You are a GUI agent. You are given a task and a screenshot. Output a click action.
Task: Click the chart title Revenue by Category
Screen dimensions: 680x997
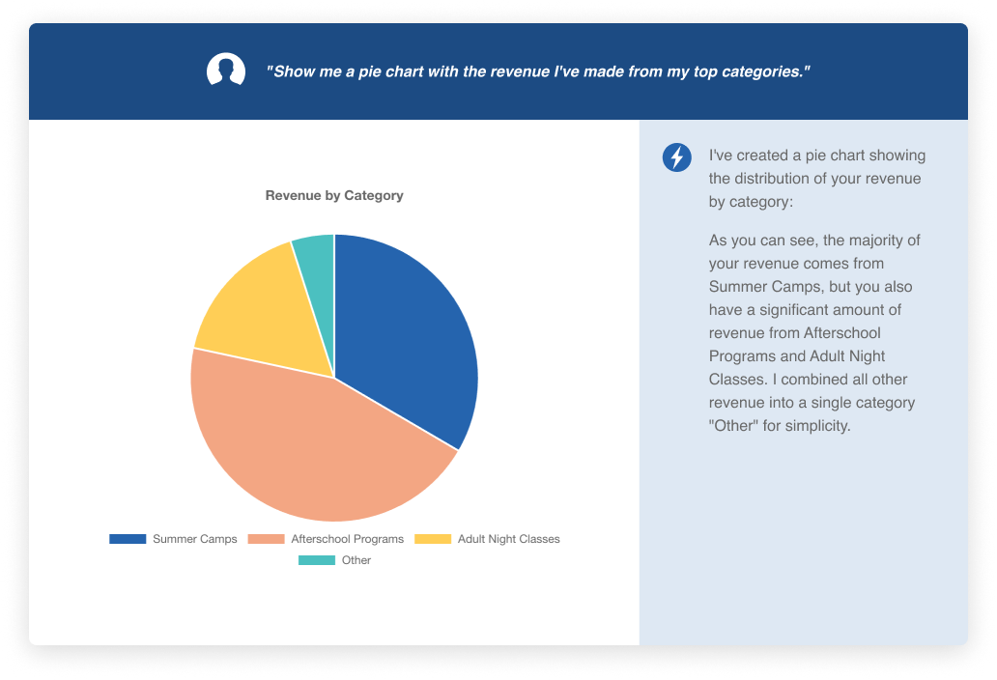(334, 195)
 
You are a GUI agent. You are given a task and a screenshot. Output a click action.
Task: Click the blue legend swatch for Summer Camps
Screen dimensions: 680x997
(128, 539)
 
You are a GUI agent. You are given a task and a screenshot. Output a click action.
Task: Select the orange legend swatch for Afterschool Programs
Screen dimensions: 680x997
(267, 539)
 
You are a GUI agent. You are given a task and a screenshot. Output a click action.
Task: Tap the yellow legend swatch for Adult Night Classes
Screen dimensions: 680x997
(433, 539)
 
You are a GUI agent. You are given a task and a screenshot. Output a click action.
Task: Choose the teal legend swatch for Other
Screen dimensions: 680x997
(317, 560)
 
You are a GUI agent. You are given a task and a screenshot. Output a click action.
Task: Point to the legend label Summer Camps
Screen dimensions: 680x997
(194, 539)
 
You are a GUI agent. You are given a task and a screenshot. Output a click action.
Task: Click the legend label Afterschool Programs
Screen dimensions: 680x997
(348, 539)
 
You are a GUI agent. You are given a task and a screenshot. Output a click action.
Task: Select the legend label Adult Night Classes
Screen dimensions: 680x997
(509, 539)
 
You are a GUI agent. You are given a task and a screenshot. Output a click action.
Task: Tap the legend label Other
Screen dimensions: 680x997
(356, 560)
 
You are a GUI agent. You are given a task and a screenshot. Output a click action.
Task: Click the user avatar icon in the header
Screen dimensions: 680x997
(226, 71)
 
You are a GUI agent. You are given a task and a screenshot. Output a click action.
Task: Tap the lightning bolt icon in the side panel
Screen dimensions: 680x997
(676, 157)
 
